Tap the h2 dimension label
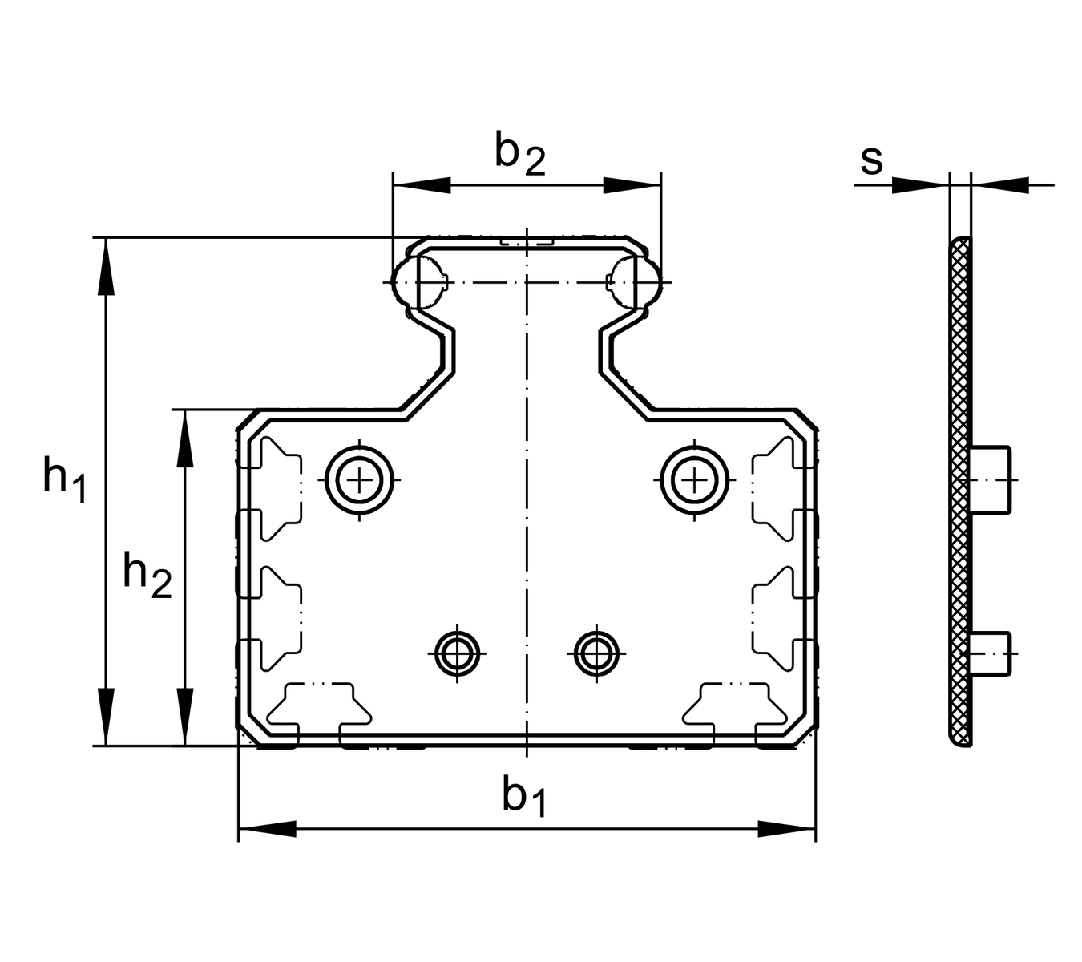point(147,576)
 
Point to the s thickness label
point(872,160)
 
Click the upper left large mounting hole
point(360,480)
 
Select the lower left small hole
point(457,653)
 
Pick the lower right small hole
point(596,653)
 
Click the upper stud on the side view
point(991,479)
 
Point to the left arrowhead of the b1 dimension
point(268,829)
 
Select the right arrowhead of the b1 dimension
point(786,829)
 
